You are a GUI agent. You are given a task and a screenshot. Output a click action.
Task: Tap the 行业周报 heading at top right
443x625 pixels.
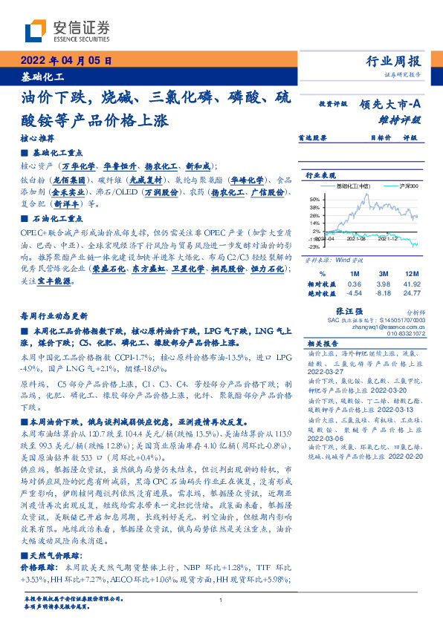click(395, 62)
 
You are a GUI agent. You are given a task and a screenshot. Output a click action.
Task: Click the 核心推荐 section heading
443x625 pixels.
click(36, 139)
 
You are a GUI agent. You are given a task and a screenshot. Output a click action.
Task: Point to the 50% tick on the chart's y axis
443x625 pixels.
click(314, 199)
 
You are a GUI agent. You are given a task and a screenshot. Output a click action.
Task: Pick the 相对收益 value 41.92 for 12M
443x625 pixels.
click(412, 284)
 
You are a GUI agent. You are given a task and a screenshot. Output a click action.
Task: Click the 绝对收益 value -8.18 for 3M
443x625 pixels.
click(383, 293)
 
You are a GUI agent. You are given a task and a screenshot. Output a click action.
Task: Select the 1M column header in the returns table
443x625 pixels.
click(355, 274)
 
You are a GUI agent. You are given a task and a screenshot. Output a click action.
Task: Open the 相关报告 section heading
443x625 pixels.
click(323, 344)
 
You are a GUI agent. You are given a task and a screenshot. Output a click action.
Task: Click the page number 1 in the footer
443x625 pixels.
click(221, 601)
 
